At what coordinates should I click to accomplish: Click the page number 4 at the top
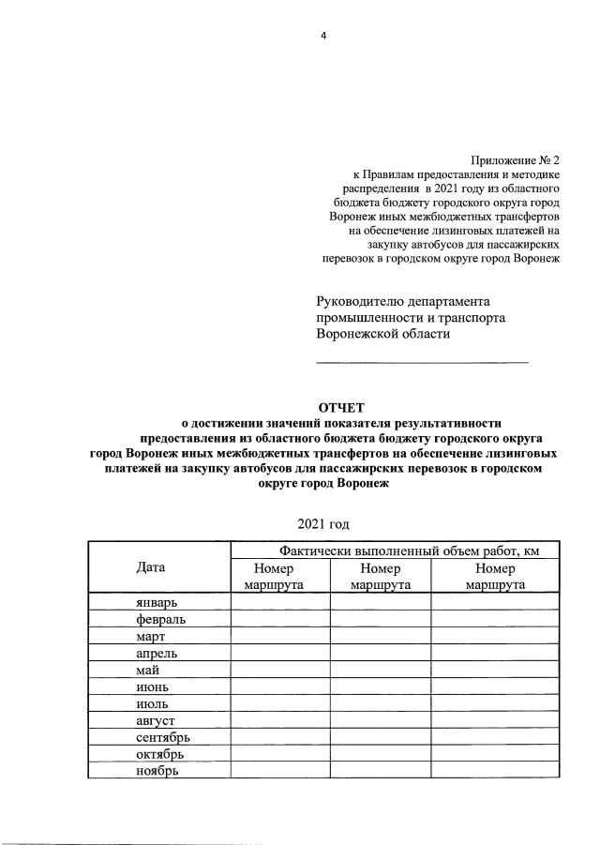pyautogui.click(x=323, y=36)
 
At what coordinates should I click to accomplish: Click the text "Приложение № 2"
pyautogui.click(x=514, y=160)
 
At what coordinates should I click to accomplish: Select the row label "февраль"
pyautogui.click(x=158, y=620)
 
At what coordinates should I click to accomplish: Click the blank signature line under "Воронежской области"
pyautogui.click(x=422, y=361)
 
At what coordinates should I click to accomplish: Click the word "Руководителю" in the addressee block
pyautogui.click(x=360, y=301)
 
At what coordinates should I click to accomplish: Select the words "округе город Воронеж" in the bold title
pyautogui.click(x=322, y=485)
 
